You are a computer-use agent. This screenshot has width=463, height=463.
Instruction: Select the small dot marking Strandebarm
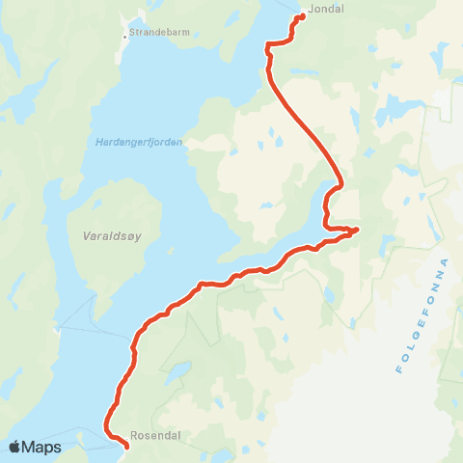(124, 37)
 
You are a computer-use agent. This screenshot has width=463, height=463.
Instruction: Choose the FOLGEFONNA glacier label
(423, 315)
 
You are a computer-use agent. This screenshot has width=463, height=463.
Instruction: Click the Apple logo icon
(15, 447)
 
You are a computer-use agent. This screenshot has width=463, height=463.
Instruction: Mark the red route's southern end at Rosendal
(126, 446)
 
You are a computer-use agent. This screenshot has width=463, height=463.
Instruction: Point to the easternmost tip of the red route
(357, 230)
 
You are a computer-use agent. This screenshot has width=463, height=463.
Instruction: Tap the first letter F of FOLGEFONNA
(400, 370)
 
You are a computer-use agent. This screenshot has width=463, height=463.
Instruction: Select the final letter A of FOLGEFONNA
(446, 261)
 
